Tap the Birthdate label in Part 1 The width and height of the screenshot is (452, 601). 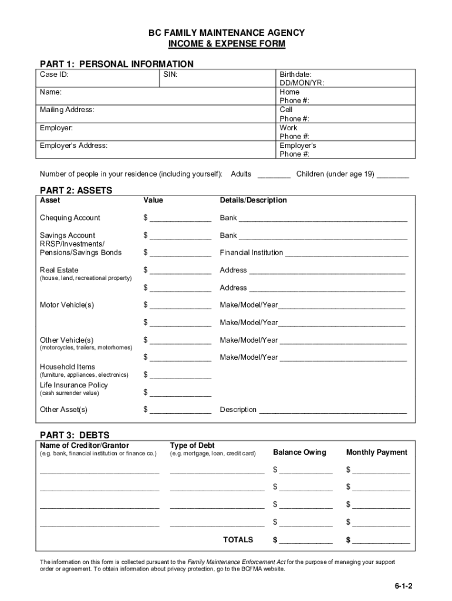(x=295, y=75)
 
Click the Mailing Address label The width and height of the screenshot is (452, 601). (x=67, y=110)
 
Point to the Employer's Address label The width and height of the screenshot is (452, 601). (x=73, y=146)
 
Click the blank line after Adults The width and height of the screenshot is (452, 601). (x=274, y=174)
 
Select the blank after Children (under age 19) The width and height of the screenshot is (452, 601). (x=393, y=174)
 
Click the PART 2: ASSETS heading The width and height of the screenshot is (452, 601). (x=76, y=190)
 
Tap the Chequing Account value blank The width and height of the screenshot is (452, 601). (x=180, y=219)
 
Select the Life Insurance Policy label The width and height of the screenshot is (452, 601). (x=74, y=385)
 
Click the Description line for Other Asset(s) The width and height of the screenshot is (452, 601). (x=333, y=410)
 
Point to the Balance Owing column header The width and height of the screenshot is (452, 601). (x=299, y=452)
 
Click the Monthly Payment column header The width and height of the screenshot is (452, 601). (x=376, y=452)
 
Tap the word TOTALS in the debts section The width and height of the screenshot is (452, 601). (x=238, y=539)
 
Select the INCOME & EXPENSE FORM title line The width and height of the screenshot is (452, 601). (x=226, y=44)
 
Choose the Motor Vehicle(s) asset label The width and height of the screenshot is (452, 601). (x=67, y=305)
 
